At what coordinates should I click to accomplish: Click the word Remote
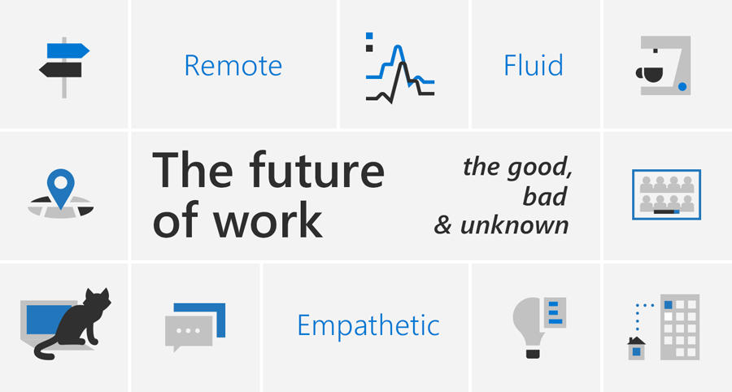233,65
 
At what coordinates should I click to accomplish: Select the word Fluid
533,65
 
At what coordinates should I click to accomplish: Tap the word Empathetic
368,324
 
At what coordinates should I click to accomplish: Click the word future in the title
316,170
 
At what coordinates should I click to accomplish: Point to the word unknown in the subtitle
515,225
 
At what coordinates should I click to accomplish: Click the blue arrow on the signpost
68,50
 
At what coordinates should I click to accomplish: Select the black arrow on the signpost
60,69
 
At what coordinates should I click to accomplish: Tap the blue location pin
61,188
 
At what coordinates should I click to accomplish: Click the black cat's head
97,301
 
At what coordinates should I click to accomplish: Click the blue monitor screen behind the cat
45,320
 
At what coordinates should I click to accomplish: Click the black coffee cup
649,74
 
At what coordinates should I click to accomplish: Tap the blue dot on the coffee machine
682,86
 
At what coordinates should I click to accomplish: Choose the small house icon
636,348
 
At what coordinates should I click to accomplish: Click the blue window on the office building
669,305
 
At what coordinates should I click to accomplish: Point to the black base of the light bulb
533,352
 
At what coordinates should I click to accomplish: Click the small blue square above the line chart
369,36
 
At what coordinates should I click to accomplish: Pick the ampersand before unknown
442,225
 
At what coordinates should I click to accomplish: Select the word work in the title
268,220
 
